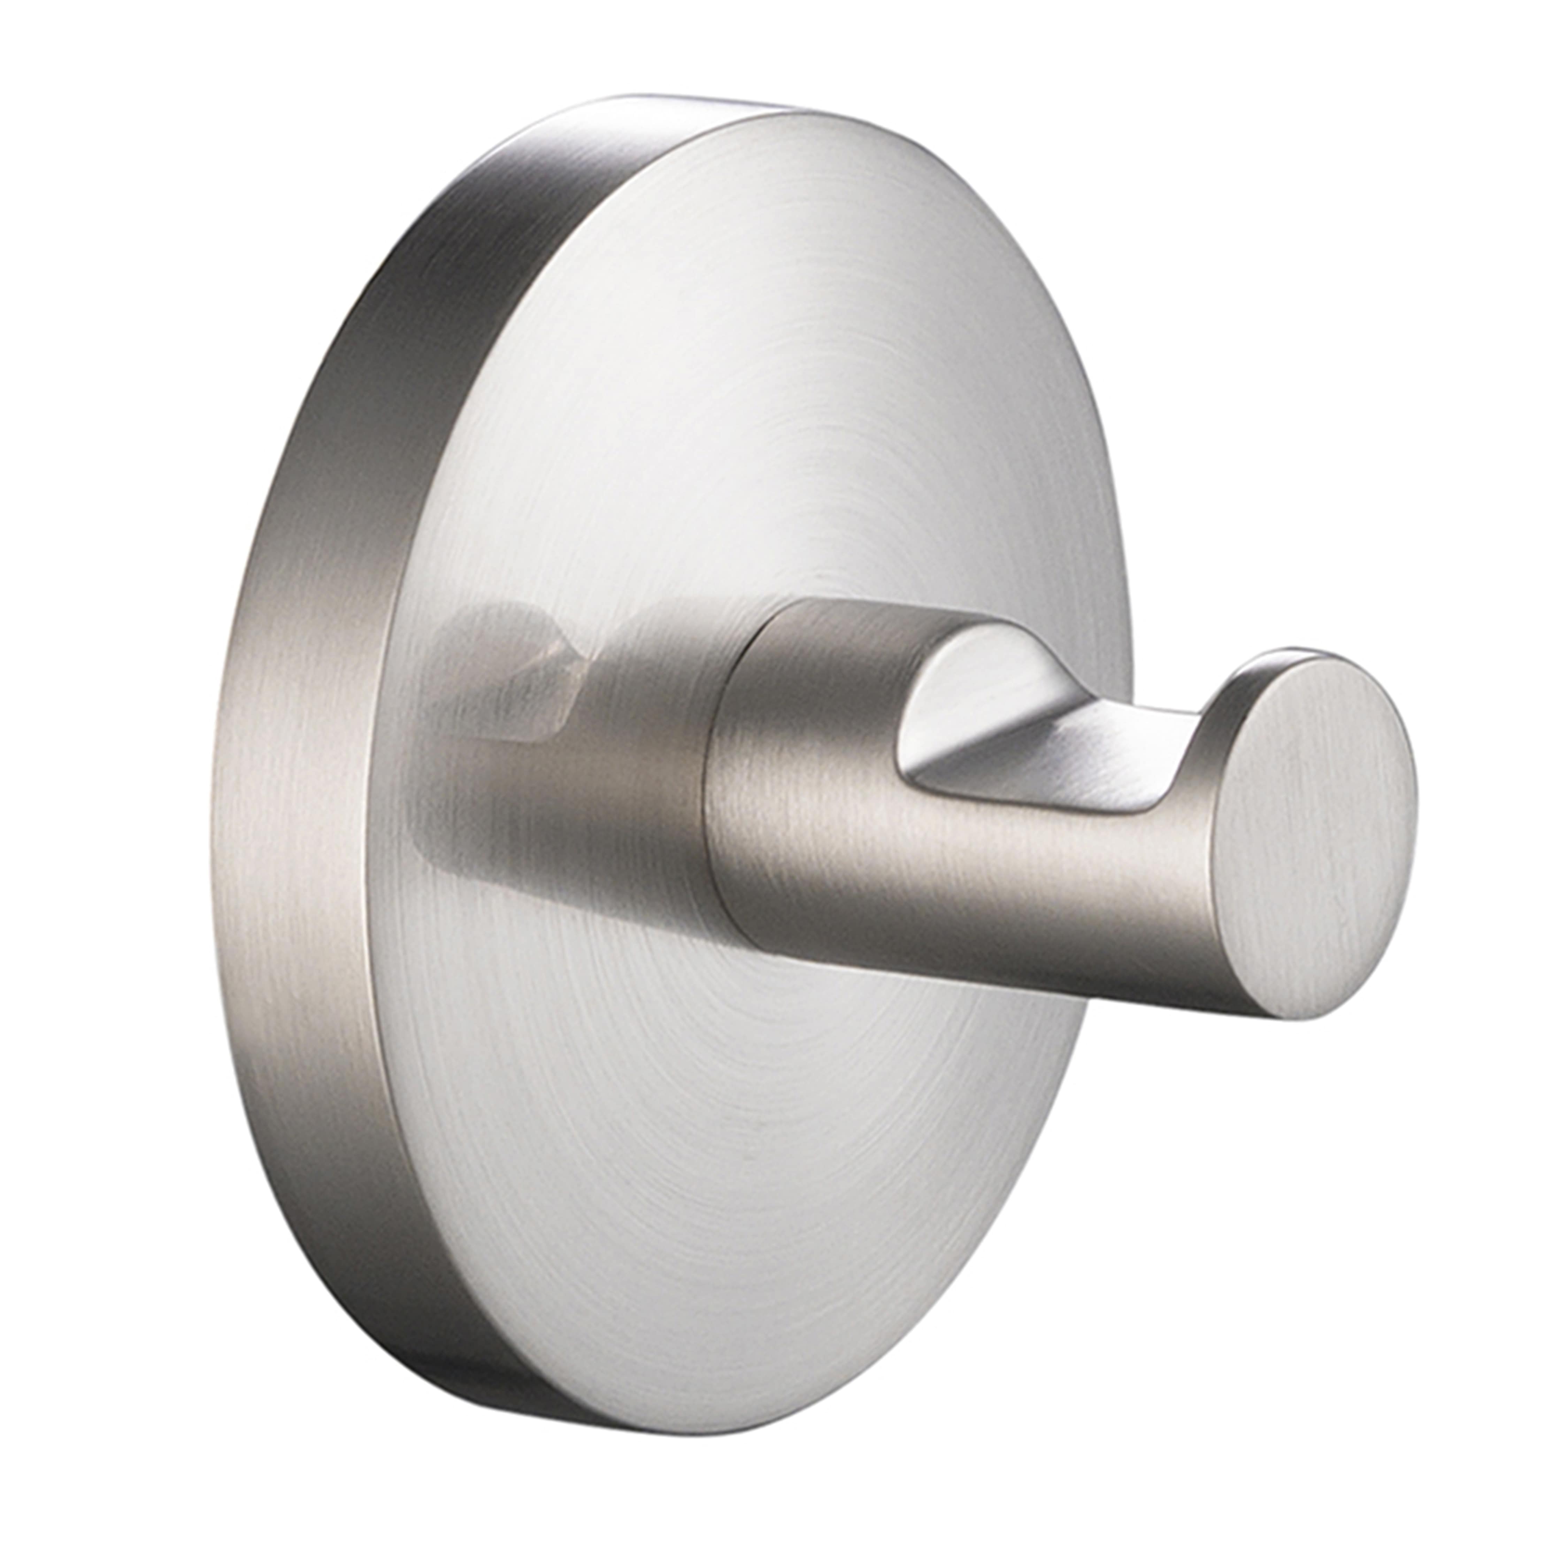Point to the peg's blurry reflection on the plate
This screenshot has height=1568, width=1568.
tap(520, 690)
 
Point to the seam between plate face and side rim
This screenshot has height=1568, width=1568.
tap(406, 812)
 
